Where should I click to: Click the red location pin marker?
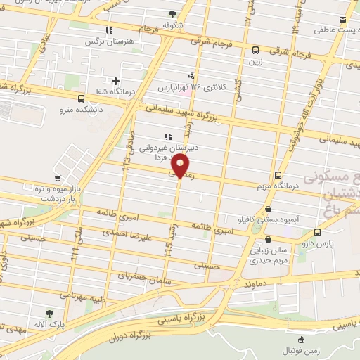click(x=180, y=166)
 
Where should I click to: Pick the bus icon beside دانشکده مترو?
click(x=82, y=98)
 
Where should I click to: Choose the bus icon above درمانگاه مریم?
click(x=278, y=175)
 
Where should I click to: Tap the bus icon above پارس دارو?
click(x=317, y=232)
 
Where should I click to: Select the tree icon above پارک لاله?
click(x=49, y=314)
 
